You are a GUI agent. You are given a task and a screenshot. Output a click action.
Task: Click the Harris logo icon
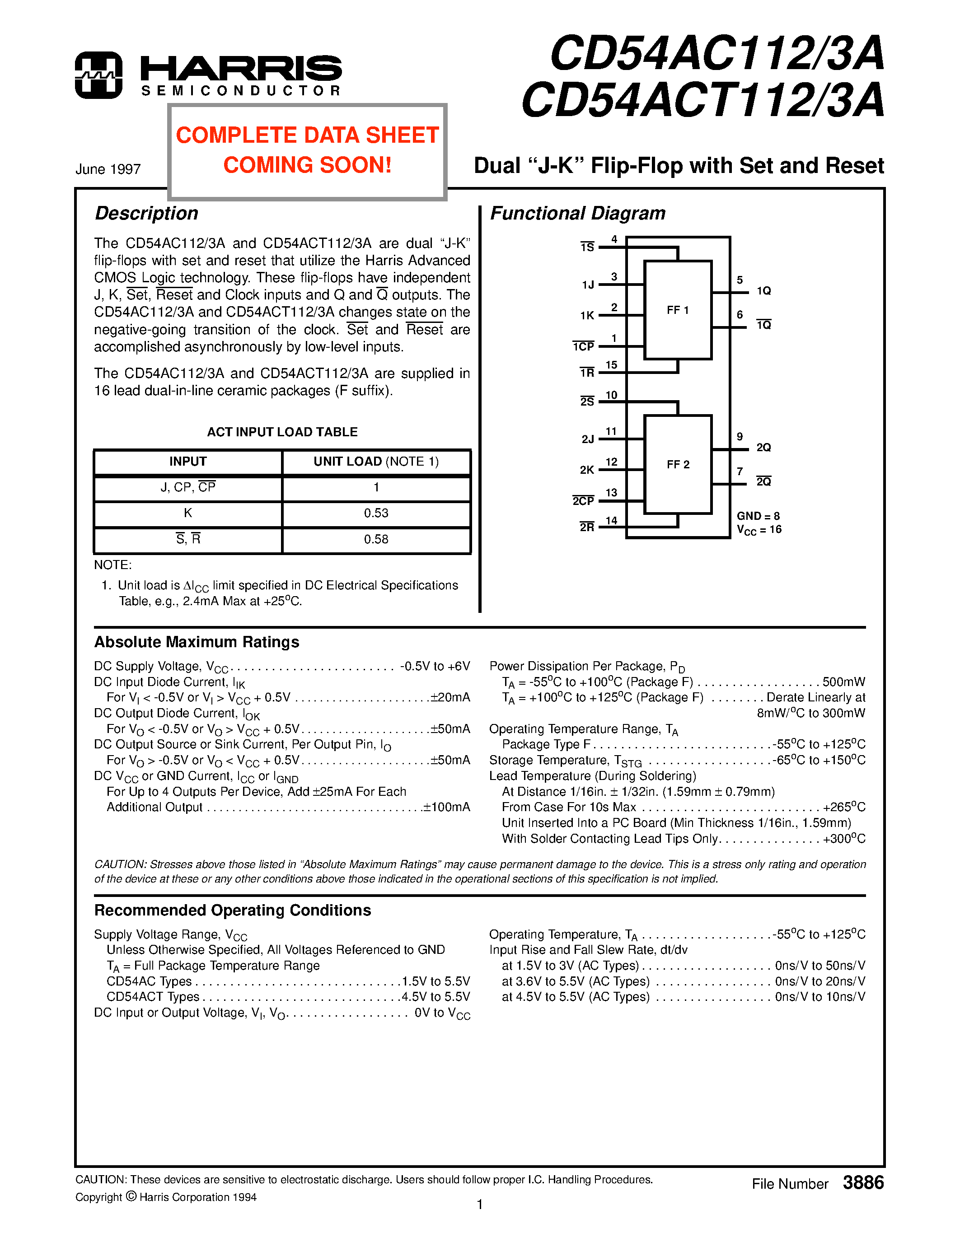tap(98, 75)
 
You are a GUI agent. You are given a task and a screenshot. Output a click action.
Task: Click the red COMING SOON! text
tap(307, 165)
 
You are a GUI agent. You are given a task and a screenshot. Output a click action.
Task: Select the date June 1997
tap(108, 169)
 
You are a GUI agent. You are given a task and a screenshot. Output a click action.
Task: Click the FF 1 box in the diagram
tap(677, 310)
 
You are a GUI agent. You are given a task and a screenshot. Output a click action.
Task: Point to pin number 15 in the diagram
tap(611, 365)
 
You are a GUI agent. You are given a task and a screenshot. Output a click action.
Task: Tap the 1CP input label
tap(584, 347)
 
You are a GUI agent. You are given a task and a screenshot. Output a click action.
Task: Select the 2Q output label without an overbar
tap(763, 448)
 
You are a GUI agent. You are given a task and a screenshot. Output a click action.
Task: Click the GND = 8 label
tap(758, 516)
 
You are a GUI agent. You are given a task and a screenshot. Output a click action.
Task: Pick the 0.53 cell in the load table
tap(376, 514)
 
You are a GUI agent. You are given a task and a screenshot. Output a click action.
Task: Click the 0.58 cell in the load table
tap(376, 540)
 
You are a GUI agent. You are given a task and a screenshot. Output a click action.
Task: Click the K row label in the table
tap(187, 514)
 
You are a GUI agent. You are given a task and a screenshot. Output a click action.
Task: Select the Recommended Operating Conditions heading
tap(232, 910)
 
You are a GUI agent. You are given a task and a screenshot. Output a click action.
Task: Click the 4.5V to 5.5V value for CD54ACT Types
tap(436, 997)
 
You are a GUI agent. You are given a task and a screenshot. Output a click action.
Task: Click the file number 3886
tap(863, 1183)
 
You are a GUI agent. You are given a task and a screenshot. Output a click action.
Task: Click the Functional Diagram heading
tap(577, 213)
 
